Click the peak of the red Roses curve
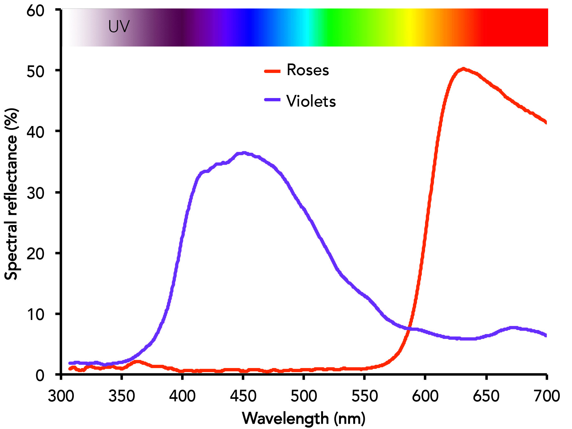[463, 69]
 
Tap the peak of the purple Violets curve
[243, 153]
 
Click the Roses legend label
[308, 70]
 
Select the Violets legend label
[311, 101]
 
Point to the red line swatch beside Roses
[272, 71]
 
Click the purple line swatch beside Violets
[272, 100]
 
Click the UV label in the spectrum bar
[119, 26]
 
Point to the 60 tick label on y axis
[35, 11]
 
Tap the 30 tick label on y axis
[35, 193]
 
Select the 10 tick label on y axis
[35, 314]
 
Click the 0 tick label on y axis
[40, 375]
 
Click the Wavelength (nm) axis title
[304, 418]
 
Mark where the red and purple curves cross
[408, 328]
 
